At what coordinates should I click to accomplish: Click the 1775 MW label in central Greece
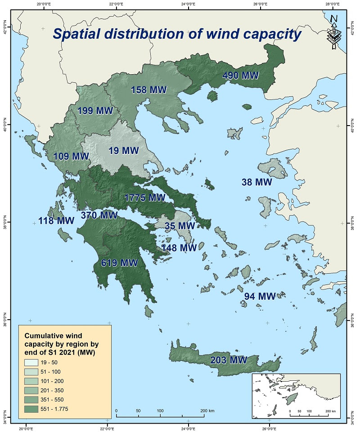pyautogui.click(x=145, y=198)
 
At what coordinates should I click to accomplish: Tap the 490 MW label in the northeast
pyautogui.click(x=241, y=75)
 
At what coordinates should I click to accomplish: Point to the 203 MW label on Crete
pyautogui.click(x=229, y=360)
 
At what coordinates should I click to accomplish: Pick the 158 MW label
pyautogui.click(x=148, y=90)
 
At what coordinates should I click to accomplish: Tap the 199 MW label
pyautogui.click(x=95, y=111)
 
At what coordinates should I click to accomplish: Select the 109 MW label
pyautogui.click(x=71, y=157)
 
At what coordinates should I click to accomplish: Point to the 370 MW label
pyautogui.click(x=99, y=215)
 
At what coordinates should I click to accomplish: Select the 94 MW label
pyautogui.click(x=260, y=296)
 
